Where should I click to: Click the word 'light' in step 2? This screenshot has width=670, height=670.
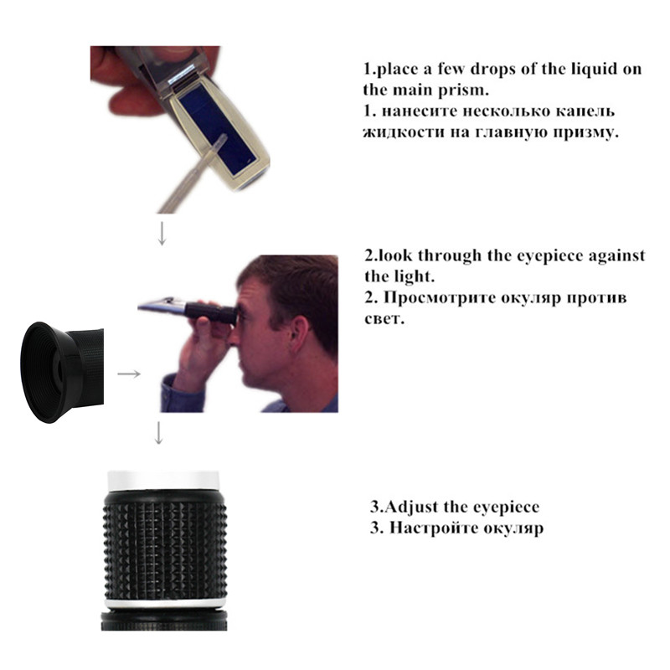coord(411,276)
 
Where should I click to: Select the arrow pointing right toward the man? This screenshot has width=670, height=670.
coord(128,374)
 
